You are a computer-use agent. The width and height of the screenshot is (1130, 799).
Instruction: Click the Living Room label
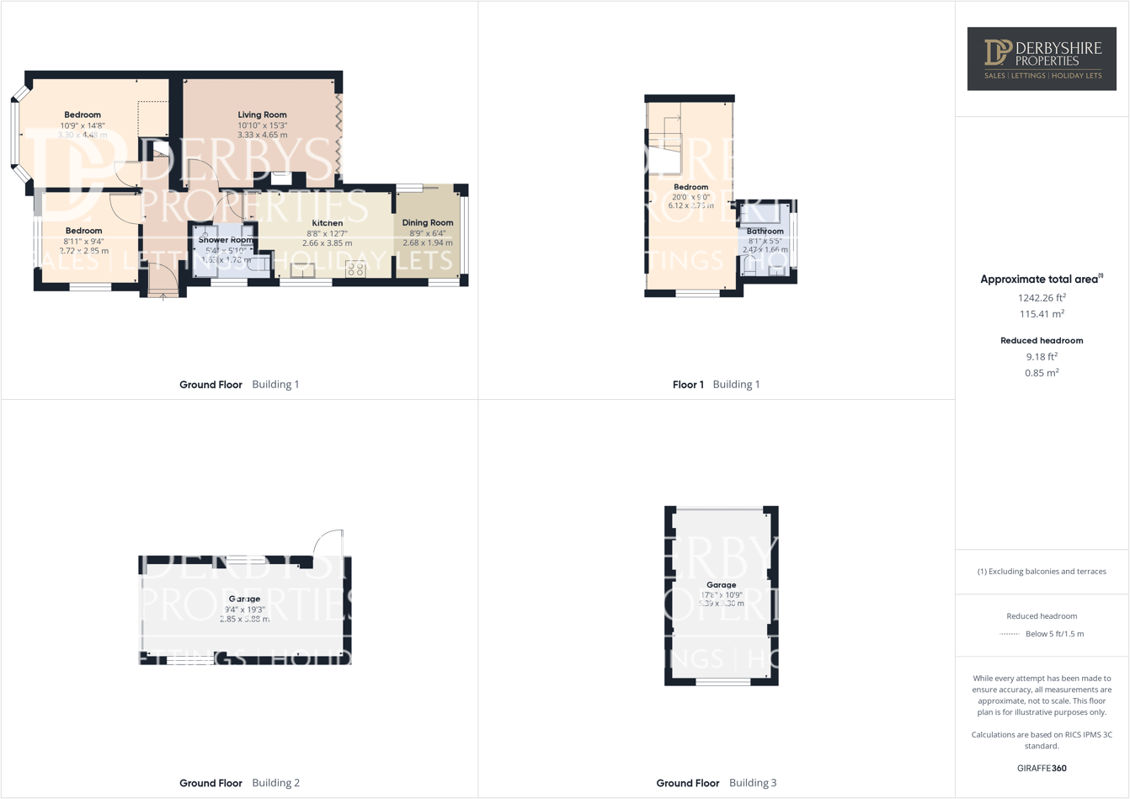point(262,115)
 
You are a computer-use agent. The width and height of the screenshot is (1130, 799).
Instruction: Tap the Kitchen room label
point(327,223)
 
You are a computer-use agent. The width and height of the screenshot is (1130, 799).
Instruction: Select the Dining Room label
point(428,223)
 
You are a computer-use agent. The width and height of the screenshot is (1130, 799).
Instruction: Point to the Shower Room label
point(225,240)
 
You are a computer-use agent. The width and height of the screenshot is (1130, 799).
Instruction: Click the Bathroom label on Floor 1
point(765,231)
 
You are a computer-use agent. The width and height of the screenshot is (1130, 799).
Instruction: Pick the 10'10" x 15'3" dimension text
point(262,125)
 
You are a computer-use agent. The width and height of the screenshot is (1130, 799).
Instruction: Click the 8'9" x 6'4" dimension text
point(428,233)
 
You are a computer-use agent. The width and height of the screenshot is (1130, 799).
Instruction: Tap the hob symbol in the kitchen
point(355,269)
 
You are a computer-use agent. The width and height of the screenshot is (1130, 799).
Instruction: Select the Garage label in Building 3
point(721,584)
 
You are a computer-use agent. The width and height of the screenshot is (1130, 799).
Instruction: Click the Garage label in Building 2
point(244,599)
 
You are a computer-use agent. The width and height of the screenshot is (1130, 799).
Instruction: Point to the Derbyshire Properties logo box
point(1042,59)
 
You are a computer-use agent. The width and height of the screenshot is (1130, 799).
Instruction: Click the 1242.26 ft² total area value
point(1042,297)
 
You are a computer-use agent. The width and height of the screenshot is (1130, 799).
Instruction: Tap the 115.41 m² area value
point(1042,314)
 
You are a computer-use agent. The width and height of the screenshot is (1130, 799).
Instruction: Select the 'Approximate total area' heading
point(1041,280)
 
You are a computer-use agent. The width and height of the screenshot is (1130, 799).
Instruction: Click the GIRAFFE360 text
point(1042,768)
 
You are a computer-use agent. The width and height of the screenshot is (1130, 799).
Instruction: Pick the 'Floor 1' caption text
point(688,385)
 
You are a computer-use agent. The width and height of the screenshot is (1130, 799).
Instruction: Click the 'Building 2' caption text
point(275,783)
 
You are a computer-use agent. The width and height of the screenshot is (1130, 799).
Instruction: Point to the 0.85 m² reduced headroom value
point(1042,373)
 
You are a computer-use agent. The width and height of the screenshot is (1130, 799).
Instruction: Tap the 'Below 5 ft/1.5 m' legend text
point(1054,634)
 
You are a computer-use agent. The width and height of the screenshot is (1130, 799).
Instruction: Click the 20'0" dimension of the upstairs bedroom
point(680,197)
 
